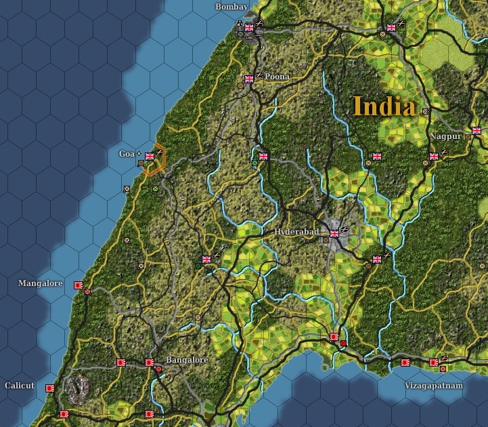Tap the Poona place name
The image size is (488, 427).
point(277,77)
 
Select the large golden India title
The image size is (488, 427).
point(384,106)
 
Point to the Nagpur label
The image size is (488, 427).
point(445,136)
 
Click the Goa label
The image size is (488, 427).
point(127,154)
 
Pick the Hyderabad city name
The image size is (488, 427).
point(296,232)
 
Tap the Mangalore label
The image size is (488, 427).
point(41,283)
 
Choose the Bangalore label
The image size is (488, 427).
point(187,360)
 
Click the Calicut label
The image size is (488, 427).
point(19,386)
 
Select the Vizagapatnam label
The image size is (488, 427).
point(434,386)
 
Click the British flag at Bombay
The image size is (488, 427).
point(248,28)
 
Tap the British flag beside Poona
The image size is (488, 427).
point(248,79)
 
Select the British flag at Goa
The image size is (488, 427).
point(150,157)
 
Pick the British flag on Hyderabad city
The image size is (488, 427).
point(334,233)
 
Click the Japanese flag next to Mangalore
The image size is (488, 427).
point(78,285)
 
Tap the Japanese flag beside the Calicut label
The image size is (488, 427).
point(49,388)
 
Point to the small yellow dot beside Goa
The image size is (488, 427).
point(139,154)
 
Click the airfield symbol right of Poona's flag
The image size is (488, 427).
point(259,75)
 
